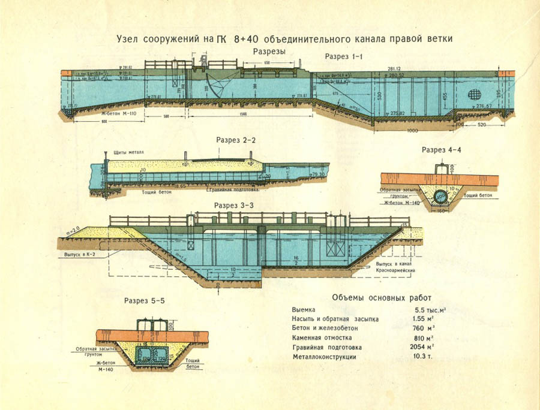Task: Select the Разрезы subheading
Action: tap(269, 52)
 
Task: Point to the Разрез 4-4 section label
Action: tap(441, 149)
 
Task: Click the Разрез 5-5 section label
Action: tap(144, 300)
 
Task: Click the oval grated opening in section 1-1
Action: tap(473, 95)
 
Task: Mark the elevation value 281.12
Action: tap(395, 69)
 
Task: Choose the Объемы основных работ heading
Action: tap(381, 298)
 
